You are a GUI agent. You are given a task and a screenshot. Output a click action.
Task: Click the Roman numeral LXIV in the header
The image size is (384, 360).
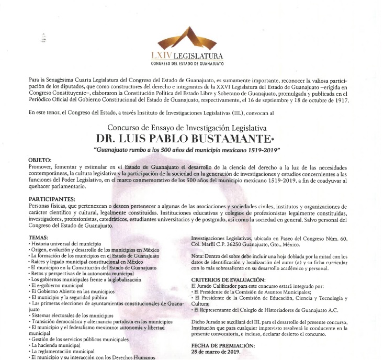[x=161, y=56]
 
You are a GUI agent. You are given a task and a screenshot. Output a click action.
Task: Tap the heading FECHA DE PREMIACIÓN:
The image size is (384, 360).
[x=223, y=345]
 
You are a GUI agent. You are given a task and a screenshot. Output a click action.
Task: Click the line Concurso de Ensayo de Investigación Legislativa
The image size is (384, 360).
[x=187, y=127]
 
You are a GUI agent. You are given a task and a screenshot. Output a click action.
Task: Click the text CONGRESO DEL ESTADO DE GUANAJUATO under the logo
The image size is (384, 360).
[x=187, y=64]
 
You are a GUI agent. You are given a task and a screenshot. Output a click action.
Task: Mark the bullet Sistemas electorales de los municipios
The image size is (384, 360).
[x=72, y=316]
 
